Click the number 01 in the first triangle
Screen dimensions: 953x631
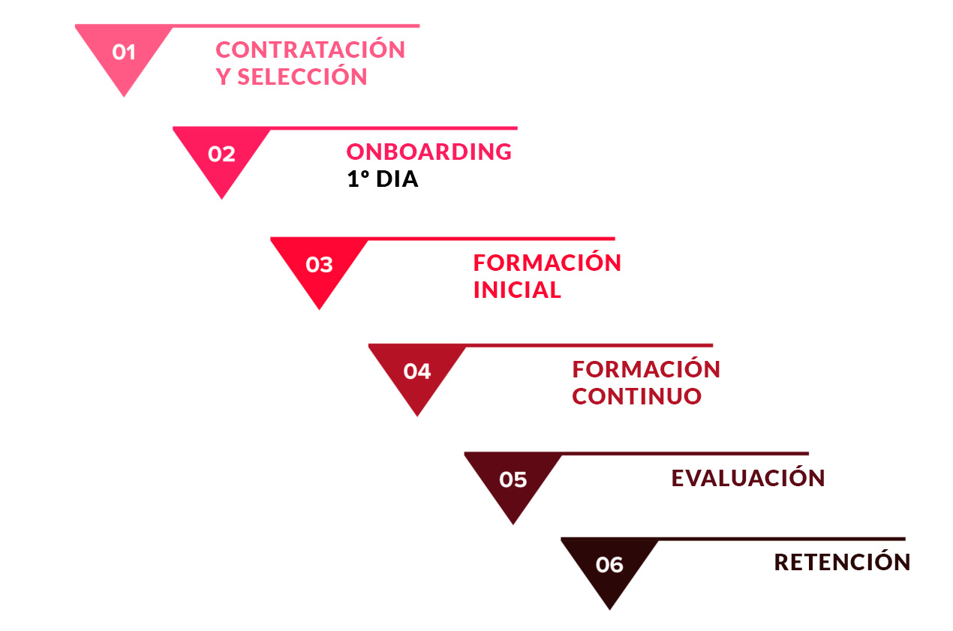point(124,53)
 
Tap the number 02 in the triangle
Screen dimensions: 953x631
point(221,154)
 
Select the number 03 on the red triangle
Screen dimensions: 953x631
point(319,265)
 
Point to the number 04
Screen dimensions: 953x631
point(417,371)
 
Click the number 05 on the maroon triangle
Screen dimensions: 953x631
point(513,480)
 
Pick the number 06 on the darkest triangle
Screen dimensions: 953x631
point(609,565)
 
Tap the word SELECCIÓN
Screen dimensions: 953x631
point(302,76)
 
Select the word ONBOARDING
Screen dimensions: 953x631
point(429,152)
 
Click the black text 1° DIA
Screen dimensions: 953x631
point(383,179)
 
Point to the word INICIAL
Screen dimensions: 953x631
point(517,290)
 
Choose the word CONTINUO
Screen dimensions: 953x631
point(636,397)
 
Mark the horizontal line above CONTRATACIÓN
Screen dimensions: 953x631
point(296,26)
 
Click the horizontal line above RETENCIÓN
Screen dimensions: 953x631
point(782,539)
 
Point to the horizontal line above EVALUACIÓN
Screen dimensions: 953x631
point(685,454)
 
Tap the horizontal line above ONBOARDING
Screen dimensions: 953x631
point(394,128)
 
